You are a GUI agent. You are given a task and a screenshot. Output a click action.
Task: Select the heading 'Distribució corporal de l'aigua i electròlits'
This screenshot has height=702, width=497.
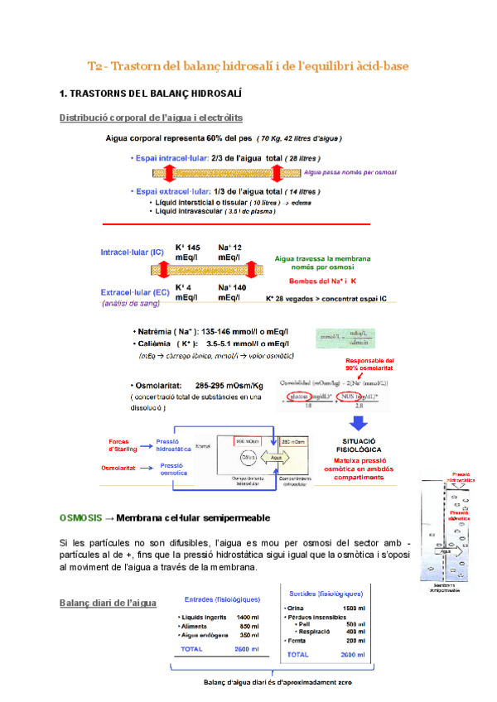pos(151,118)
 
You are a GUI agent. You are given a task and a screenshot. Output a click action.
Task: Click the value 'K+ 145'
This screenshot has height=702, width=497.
pos(187,247)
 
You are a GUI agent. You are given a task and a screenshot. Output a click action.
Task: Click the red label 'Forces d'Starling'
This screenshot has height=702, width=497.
pos(128,445)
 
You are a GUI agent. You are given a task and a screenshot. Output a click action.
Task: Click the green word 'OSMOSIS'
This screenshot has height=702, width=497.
pos(80,517)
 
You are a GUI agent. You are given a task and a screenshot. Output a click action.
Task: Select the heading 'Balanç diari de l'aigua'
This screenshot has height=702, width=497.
pos(108,603)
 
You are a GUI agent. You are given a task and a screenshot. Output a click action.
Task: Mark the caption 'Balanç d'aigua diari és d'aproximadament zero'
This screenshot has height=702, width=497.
pos(279,682)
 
